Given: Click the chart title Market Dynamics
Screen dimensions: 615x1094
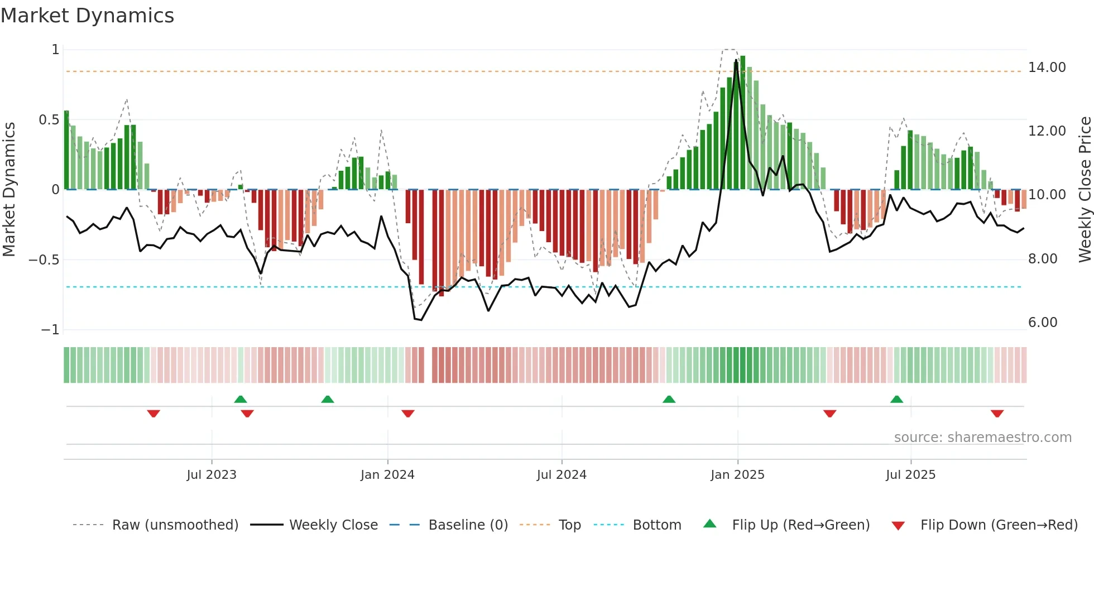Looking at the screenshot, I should (87, 16).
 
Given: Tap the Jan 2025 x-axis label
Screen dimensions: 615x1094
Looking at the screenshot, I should (737, 474).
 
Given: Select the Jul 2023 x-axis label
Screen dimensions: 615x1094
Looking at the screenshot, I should (212, 474).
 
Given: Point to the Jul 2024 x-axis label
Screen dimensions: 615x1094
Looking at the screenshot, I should (562, 474).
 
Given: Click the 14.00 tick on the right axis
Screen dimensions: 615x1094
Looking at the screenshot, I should (1047, 68).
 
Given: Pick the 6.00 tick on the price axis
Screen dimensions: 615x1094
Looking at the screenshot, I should (1042, 323).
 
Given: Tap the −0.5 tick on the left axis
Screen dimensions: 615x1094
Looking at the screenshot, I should (44, 260).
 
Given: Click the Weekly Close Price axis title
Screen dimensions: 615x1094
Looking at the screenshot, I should (1085, 189).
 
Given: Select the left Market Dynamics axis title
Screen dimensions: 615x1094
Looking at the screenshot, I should (9, 189).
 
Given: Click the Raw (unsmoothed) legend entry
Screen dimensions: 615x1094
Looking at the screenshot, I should (175, 525).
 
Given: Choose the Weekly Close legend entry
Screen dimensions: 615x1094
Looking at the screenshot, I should (333, 525).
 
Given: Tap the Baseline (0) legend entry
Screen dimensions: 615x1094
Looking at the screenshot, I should (468, 525).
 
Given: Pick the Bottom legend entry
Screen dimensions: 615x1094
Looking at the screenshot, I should (656, 525).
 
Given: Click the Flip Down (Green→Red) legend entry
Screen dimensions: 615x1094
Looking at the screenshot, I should (999, 525).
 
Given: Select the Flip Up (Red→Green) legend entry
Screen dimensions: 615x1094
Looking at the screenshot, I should (800, 525).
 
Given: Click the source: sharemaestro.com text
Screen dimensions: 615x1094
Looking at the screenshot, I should (982, 438).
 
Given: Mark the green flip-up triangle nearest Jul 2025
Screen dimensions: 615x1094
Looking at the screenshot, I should (896, 400).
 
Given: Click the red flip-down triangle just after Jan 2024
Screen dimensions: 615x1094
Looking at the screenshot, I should (408, 414).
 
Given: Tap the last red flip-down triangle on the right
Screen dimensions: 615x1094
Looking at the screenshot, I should (997, 414).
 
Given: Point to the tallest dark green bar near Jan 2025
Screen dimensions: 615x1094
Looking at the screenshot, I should (742, 123).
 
